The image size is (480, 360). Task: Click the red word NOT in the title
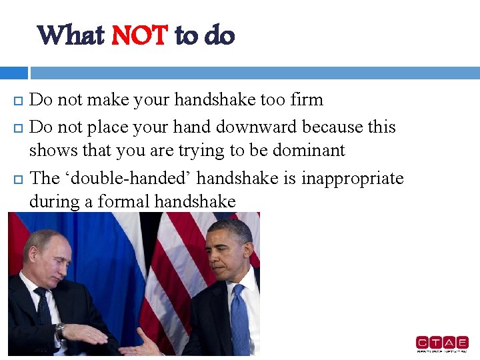139,35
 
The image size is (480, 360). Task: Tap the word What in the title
70,35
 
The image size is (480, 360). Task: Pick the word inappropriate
353,178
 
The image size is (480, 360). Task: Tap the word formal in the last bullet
125,201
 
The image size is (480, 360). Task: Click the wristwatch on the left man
61,330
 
